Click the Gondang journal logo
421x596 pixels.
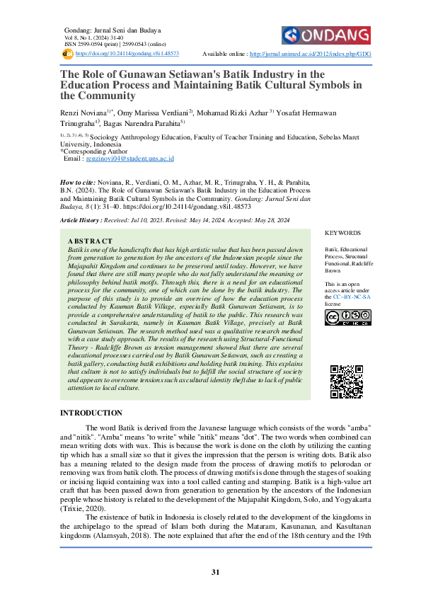[x=325, y=35]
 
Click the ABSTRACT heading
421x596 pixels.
[x=89, y=241]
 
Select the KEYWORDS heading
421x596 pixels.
[x=342, y=233]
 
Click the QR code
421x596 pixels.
[x=347, y=382]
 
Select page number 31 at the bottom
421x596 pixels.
[x=210, y=572]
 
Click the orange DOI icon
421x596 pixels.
[x=68, y=53]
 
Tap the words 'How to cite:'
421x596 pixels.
[x=80, y=182]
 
